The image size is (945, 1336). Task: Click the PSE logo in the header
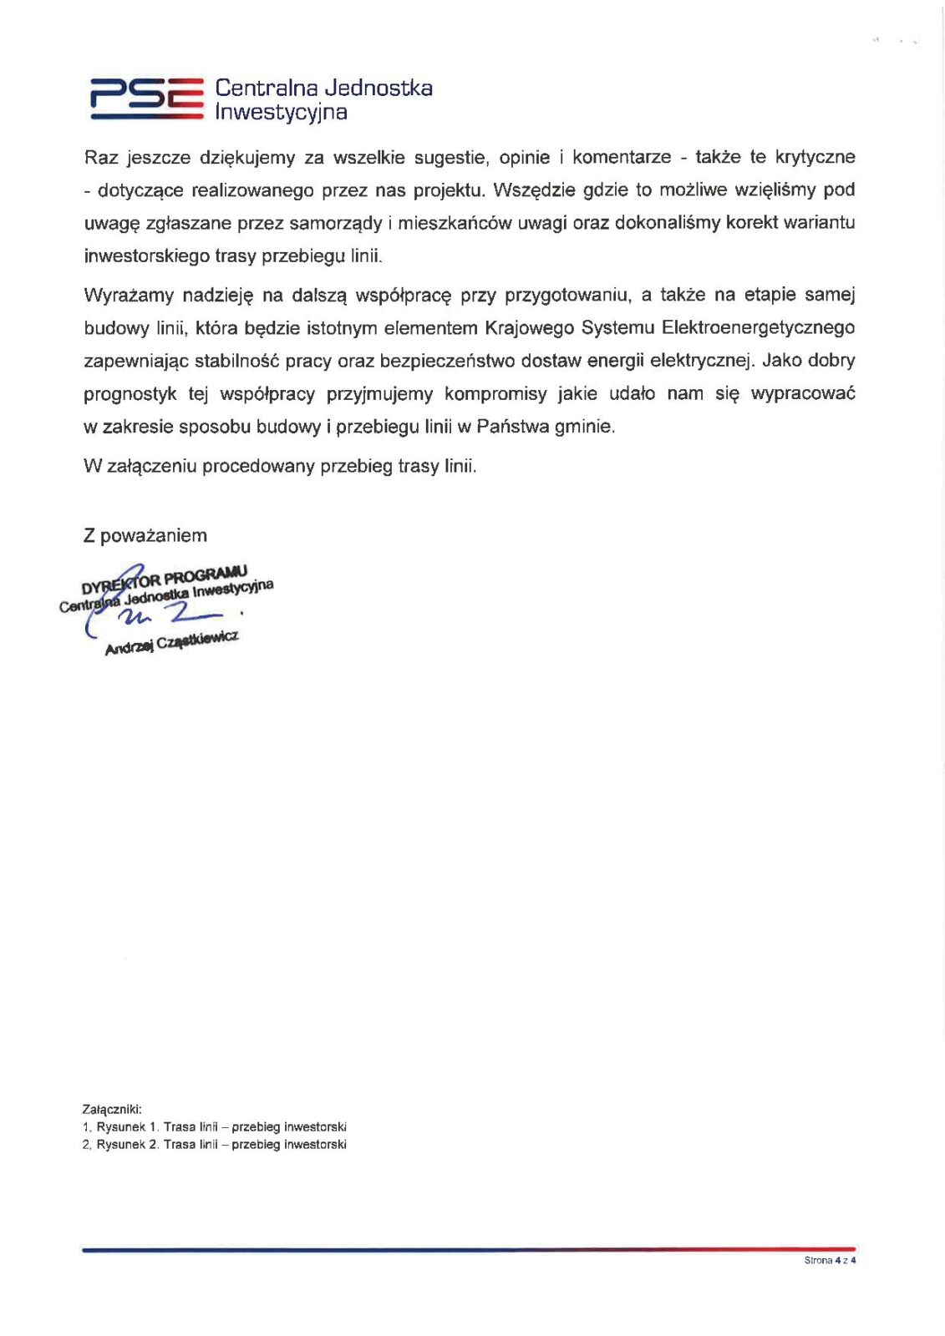coord(147,98)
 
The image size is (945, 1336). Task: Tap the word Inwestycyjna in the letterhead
coord(281,112)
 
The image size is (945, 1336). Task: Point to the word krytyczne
coord(815,157)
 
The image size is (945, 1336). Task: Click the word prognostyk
coord(130,394)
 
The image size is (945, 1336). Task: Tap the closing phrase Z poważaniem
coord(145,536)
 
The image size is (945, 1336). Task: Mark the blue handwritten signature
coord(167,616)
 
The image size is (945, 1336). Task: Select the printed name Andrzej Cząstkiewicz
coord(171,643)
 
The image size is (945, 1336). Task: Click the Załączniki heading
coord(112,1110)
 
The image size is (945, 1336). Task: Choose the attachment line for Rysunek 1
coord(215,1127)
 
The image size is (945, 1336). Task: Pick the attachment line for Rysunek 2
coord(215,1145)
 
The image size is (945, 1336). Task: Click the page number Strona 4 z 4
coord(830,1260)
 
